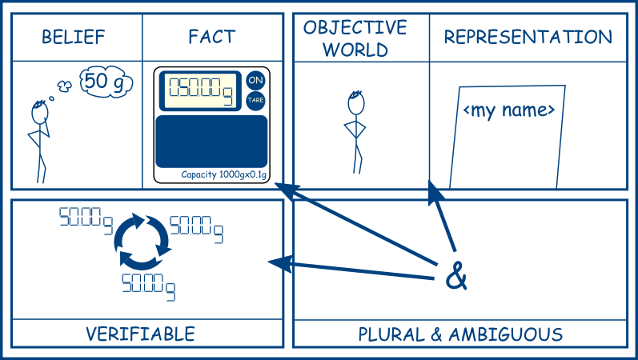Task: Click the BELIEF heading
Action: point(74,37)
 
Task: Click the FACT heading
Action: point(212,37)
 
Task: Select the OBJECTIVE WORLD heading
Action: point(355,38)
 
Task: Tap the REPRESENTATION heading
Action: point(528,37)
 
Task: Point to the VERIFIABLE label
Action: point(140,334)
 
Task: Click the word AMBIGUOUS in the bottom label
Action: point(506,334)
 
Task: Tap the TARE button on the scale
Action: point(255,101)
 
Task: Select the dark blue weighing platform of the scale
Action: point(211,141)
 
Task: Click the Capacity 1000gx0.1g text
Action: point(224,175)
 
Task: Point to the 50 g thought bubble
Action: point(106,82)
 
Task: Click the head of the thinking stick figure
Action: point(40,112)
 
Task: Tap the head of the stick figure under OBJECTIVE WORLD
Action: point(356,102)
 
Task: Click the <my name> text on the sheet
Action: point(509,110)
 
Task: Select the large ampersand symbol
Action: point(456,277)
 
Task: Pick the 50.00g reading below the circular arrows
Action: point(149,286)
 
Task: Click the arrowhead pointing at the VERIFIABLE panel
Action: point(281,263)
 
